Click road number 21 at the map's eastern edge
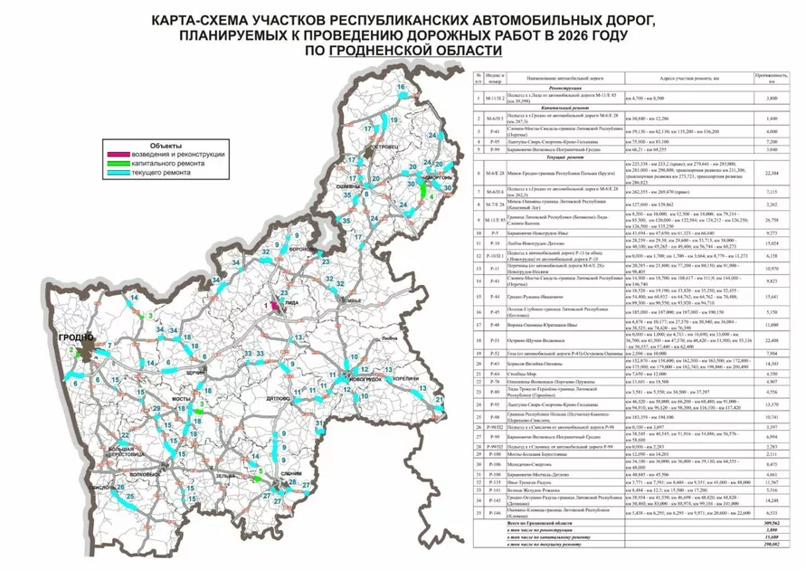pyautogui.click(x=440, y=399)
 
